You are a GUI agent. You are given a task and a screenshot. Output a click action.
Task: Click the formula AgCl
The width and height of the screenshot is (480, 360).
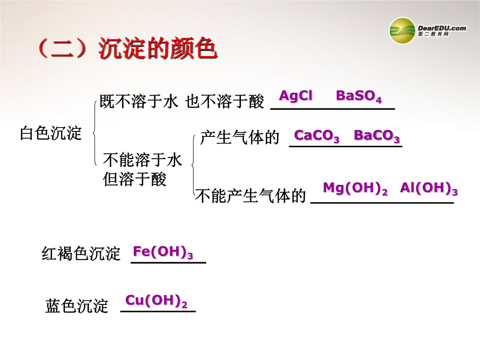tap(296, 96)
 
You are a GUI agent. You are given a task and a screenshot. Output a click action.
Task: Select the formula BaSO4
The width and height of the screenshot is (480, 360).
tap(359, 96)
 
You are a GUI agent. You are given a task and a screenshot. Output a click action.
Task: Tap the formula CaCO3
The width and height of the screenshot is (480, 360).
tap(316, 136)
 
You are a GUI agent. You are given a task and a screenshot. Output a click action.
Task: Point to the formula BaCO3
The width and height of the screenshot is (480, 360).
tap(377, 136)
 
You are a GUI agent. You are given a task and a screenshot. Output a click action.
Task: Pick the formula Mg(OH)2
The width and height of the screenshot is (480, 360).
tap(356, 188)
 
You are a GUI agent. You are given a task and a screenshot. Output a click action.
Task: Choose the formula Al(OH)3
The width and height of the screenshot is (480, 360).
tap(429, 188)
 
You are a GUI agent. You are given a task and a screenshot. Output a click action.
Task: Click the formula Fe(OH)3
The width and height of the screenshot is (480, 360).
tap(163, 252)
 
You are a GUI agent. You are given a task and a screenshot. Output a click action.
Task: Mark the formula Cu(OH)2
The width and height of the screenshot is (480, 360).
tap(156, 301)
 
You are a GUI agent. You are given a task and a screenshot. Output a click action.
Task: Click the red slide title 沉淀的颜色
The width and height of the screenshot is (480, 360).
tap(158, 48)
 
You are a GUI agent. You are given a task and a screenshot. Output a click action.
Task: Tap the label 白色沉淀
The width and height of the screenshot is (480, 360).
tap(51, 133)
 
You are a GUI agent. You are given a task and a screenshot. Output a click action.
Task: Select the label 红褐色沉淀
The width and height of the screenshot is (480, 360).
tap(81, 253)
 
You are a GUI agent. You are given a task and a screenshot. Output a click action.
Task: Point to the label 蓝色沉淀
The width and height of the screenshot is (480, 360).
tap(76, 306)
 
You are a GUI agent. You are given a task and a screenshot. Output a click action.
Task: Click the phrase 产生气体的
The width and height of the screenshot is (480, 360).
tap(240, 137)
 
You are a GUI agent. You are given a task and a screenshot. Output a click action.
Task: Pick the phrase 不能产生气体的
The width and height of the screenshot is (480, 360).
tap(251, 196)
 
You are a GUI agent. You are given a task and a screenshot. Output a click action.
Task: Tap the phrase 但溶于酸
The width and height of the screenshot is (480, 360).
tap(135, 179)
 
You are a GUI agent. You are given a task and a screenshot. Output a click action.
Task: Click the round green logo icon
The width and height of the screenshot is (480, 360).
tap(402, 31)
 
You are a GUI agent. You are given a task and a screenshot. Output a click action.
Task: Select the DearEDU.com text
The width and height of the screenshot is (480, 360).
tap(442, 28)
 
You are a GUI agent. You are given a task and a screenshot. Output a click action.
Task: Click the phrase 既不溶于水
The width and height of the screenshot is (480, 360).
tap(139, 101)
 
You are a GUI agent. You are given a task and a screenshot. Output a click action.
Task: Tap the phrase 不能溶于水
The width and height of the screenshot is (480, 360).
tap(143, 160)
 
